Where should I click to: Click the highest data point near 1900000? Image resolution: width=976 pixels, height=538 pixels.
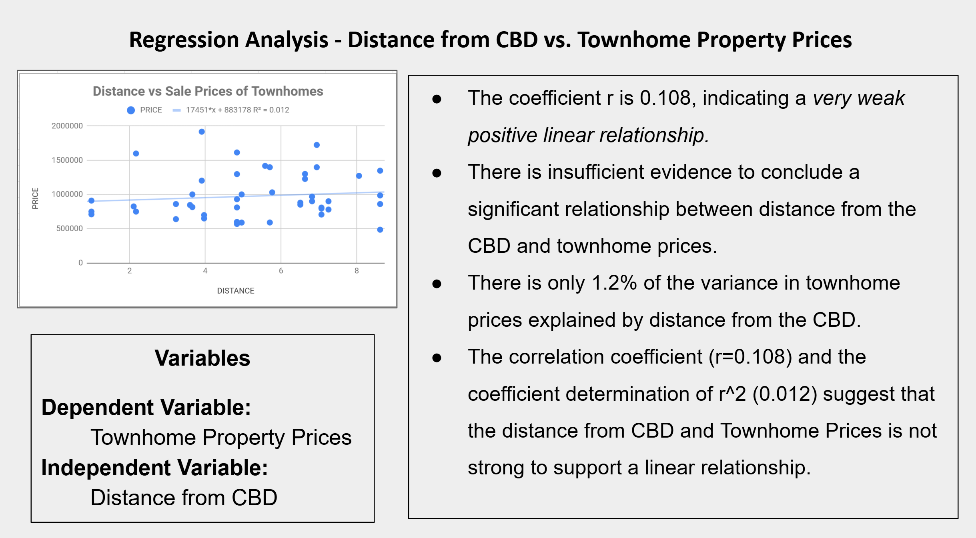[x=202, y=132]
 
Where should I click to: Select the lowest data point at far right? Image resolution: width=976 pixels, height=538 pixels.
[x=380, y=230]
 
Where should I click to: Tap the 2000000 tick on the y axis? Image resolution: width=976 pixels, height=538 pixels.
[x=67, y=126]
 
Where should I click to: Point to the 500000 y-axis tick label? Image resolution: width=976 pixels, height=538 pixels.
[x=70, y=228]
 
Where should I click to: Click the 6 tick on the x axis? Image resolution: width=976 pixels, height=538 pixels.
[x=281, y=271]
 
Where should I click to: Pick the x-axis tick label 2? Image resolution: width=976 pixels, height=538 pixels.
[x=129, y=271]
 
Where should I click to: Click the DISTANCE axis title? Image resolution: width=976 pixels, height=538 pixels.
[x=236, y=291]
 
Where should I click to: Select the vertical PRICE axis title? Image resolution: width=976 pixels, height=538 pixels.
[x=35, y=198]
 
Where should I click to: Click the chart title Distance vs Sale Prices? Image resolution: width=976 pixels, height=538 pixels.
[x=208, y=91]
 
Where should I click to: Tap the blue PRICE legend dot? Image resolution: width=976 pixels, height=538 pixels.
[x=131, y=110]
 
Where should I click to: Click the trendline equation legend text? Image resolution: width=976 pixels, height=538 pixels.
[x=237, y=110]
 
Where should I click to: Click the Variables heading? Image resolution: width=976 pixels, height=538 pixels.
[x=202, y=358]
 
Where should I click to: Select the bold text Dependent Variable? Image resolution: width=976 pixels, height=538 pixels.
[x=146, y=407]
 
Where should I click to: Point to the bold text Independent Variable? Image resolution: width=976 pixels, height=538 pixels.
[x=154, y=468]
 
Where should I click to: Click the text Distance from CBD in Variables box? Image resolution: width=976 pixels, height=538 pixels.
[x=184, y=498]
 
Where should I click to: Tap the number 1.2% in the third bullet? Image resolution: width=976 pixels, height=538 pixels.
[x=614, y=283]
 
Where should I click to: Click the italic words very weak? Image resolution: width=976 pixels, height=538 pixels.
[x=858, y=98]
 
